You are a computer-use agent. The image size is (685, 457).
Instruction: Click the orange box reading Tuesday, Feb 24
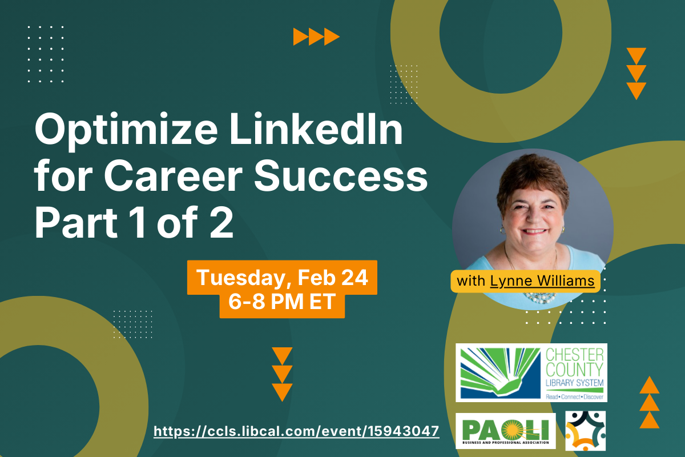pyautogui.click(x=282, y=278)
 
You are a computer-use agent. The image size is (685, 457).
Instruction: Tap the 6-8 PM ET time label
pyautogui.click(x=282, y=302)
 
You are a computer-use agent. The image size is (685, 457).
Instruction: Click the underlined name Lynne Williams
pyautogui.click(x=542, y=281)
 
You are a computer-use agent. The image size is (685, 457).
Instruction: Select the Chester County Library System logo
pyautogui.click(x=531, y=372)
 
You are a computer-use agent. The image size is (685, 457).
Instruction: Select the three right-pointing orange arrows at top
pyautogui.click(x=316, y=37)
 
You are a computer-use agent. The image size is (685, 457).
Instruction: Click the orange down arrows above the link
pyautogui.click(x=282, y=374)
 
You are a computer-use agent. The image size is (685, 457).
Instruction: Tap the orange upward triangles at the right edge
pyautogui.click(x=650, y=402)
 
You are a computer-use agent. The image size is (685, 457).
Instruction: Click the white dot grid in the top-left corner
pyautogui.click(x=46, y=54)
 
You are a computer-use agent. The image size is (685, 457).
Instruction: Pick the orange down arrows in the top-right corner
pyautogui.click(x=636, y=74)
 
